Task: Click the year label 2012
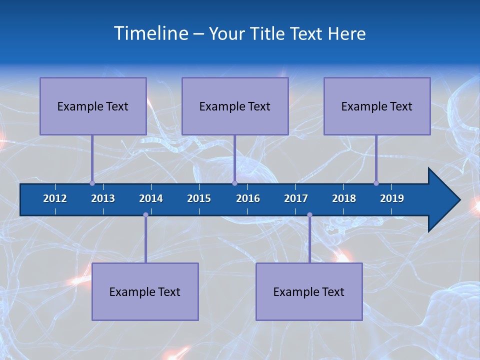coord(55,198)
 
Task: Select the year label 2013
coord(103,198)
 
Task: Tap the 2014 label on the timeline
coord(151,198)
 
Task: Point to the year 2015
coord(199,198)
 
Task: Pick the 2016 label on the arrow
coord(248,198)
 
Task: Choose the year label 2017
coord(296,198)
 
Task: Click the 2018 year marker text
coord(344,198)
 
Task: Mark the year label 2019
coord(392,198)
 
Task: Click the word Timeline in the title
coord(150,33)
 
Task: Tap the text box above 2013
coord(93,106)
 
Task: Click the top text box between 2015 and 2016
coord(235,106)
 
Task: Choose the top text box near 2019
coord(377,106)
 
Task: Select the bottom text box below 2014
coord(145,291)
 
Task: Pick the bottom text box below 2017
coord(309,291)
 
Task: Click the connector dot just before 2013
coord(92,183)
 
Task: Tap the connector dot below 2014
coord(145,214)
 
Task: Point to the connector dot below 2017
coord(309,214)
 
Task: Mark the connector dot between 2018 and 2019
coord(376,183)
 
